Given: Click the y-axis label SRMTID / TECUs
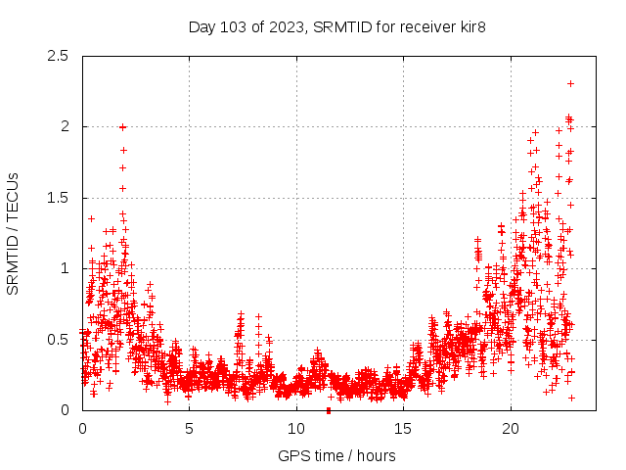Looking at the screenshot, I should [14, 233].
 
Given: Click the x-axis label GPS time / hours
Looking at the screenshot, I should [336, 455].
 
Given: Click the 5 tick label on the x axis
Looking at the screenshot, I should [190, 429].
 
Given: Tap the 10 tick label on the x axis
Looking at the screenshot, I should [296, 429].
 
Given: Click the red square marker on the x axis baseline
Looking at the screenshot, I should [329, 409].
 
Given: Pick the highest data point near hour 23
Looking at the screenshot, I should [570, 83].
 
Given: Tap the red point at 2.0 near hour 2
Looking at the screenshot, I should [122, 126].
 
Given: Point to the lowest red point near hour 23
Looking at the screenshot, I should [571, 398].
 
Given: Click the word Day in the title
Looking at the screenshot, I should [201, 26].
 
